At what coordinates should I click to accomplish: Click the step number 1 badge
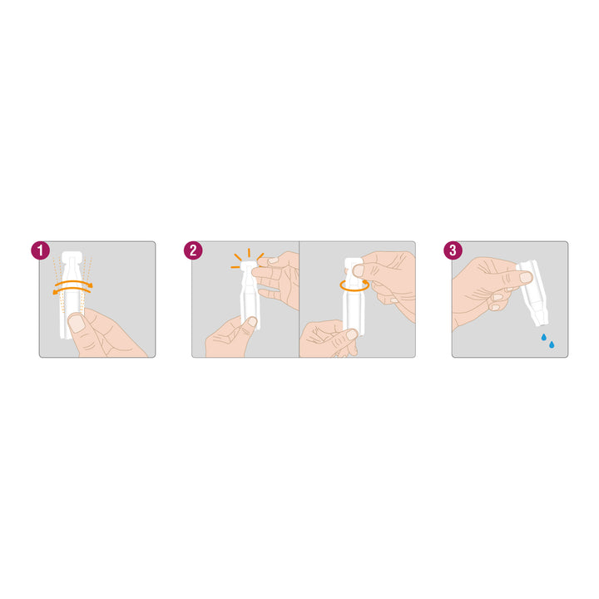pos(41,250)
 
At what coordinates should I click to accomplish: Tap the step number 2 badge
pos(193,250)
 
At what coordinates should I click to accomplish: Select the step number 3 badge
pos(453,250)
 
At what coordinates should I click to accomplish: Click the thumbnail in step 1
pos(77,323)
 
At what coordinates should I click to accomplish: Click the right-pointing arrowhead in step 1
pos(90,285)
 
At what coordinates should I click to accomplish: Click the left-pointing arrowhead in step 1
pos(56,292)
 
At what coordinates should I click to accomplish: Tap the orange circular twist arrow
pos(354,285)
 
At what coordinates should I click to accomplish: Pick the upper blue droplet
pos(543,337)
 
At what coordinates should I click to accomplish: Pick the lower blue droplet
pos(552,345)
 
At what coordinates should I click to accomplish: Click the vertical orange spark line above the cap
pos(249,253)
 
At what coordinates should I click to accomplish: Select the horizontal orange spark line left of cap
pos(235,267)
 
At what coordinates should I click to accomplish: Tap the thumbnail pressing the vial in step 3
pos(526,277)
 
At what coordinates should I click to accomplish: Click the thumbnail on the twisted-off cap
pos(359,271)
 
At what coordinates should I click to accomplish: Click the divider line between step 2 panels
pos(299,299)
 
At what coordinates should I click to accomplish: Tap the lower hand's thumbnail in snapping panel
pos(252,322)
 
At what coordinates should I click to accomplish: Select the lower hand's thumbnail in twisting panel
pos(351,334)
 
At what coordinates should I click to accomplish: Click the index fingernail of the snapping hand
pos(273,260)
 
